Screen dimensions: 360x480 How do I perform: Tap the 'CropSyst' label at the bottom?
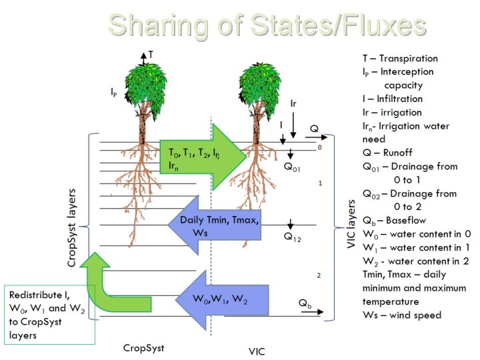pos(143,347)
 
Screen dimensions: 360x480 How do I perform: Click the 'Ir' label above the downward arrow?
pos(293,103)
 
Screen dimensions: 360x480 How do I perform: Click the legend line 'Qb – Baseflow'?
pos(394,220)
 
